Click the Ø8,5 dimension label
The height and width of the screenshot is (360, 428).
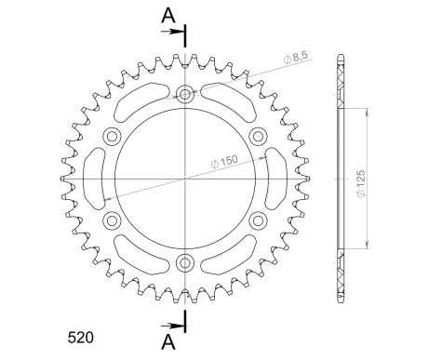[297, 60]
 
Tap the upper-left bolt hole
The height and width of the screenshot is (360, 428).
[114, 135]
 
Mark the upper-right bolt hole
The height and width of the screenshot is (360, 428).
[258, 135]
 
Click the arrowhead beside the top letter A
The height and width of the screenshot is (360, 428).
[177, 33]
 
